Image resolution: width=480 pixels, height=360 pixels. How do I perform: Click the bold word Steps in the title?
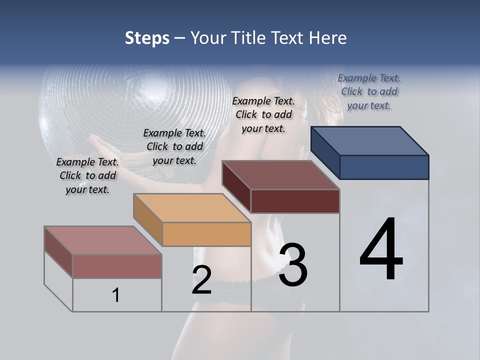(x=147, y=38)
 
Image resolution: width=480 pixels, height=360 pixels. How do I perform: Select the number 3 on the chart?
(x=293, y=265)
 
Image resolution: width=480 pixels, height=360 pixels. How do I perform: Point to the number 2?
(x=202, y=280)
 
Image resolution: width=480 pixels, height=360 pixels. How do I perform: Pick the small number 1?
(x=116, y=295)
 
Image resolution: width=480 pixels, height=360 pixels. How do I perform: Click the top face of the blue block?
(x=370, y=140)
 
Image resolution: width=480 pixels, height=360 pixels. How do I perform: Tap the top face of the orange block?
(x=191, y=207)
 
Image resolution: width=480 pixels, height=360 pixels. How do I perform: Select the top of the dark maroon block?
(x=281, y=175)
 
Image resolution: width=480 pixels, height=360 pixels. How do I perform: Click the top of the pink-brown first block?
(x=103, y=240)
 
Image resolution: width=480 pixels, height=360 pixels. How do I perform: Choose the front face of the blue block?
(x=384, y=167)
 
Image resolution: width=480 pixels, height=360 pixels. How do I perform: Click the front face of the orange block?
(x=206, y=234)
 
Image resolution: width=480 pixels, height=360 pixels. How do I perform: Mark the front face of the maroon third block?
(x=295, y=201)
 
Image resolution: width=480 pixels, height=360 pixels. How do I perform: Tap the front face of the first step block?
(x=117, y=266)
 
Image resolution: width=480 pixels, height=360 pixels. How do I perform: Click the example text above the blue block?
(x=369, y=91)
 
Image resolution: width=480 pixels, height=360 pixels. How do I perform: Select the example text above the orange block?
(x=174, y=146)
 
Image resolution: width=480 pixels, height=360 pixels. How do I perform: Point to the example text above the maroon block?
(x=263, y=114)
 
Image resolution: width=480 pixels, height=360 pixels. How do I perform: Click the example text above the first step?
(x=87, y=175)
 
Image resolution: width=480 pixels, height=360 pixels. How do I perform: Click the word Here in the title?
(x=328, y=38)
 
